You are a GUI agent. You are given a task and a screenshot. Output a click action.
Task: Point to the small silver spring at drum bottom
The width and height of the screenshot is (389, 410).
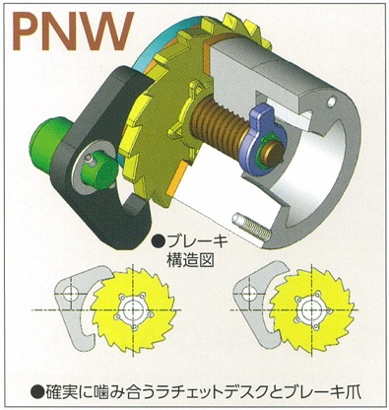pos(250,224)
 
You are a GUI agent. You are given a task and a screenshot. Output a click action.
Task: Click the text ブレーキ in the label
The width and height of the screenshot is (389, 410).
pos(192,240)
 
